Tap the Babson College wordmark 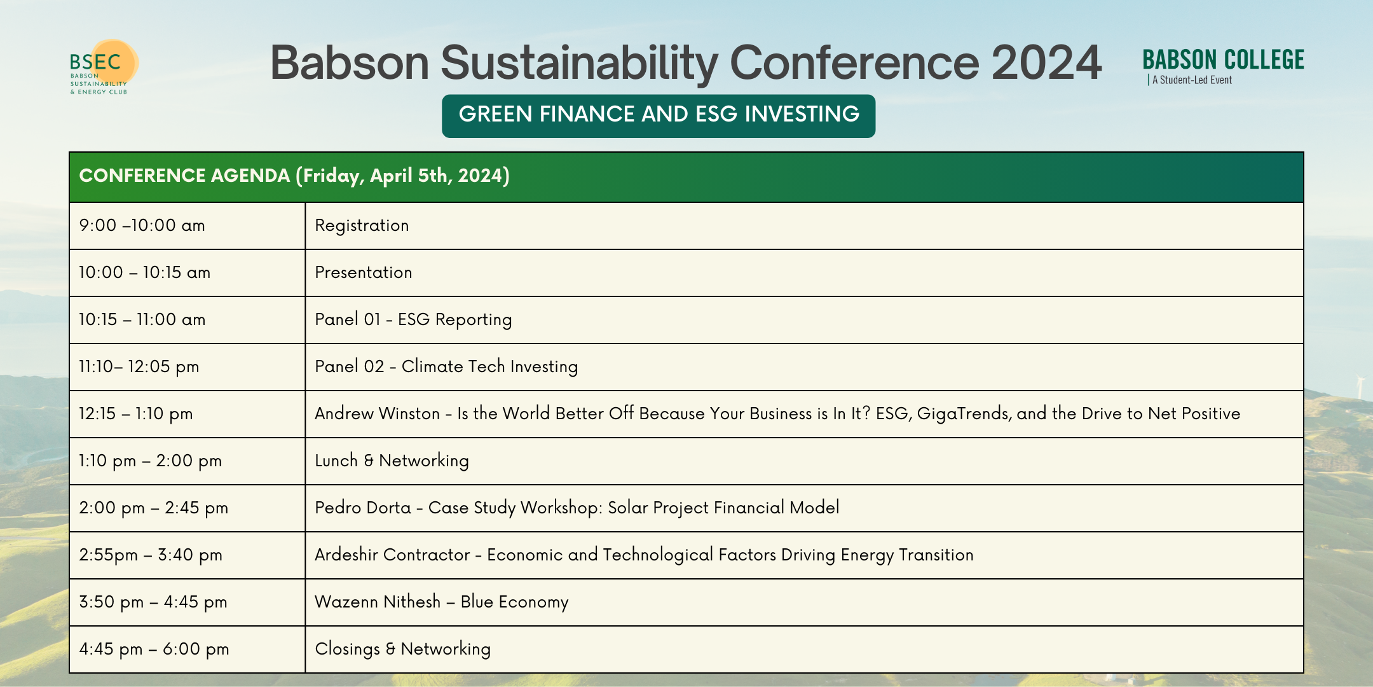[x=1223, y=60]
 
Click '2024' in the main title [x=1046, y=63]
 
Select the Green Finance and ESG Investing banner [x=659, y=115]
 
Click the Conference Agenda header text [x=294, y=176]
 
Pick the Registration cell [x=362, y=226]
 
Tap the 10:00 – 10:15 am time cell [x=144, y=273]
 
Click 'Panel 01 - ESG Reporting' [x=413, y=320]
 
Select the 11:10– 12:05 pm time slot [x=139, y=367]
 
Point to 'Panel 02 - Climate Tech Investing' [x=446, y=367]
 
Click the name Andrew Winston [x=377, y=414]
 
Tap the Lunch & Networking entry [x=392, y=461]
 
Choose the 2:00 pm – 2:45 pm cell [x=153, y=508]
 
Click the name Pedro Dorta [x=363, y=508]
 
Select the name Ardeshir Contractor [x=392, y=555]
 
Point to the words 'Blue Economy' [x=514, y=602]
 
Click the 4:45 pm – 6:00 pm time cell [x=154, y=649]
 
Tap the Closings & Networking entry [x=402, y=649]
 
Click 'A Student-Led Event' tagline [x=1191, y=80]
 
